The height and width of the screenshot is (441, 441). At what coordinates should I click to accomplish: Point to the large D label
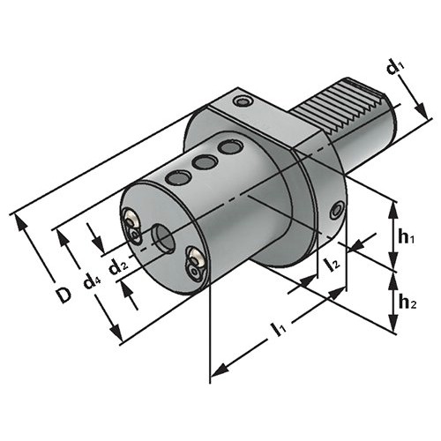click(64, 295)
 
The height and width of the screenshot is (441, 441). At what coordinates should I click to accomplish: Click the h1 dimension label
click(406, 237)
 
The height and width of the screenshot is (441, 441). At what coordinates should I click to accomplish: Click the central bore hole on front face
click(163, 238)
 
